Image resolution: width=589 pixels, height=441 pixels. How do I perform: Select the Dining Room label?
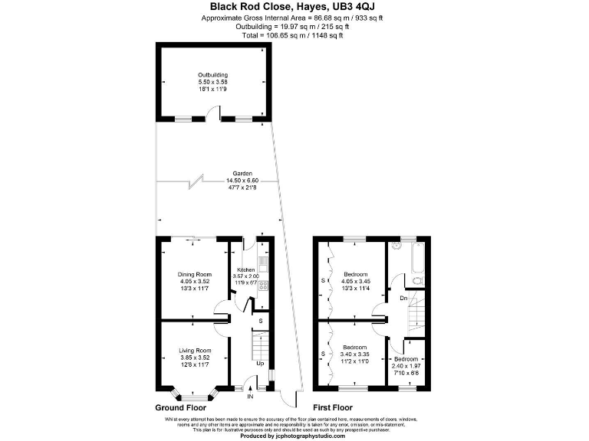pos(193,274)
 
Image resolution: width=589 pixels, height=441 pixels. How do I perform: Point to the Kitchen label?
pos(245,270)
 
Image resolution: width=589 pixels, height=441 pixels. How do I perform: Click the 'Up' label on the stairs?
pos(259,363)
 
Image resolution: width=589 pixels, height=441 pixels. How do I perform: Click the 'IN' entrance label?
pos(250,397)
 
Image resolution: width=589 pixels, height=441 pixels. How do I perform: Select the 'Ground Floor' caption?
pos(182,408)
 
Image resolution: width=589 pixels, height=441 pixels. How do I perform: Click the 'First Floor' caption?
pos(333,408)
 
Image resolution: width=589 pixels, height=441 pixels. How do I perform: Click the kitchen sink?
pos(263,265)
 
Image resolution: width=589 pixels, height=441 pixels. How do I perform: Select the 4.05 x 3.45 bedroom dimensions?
pos(355,282)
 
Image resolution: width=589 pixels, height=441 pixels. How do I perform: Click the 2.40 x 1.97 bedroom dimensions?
pos(406,365)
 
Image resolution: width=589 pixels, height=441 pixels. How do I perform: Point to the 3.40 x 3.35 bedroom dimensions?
pos(355,354)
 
